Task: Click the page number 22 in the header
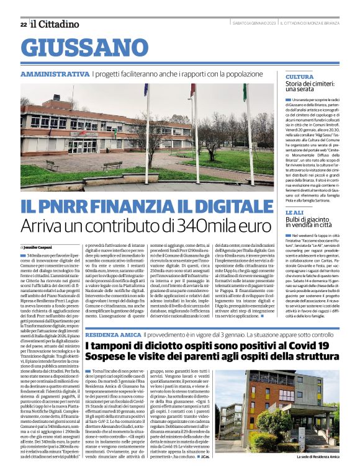(x=24, y=24)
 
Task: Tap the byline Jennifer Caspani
(x=40, y=247)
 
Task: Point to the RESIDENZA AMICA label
(x=113, y=334)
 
